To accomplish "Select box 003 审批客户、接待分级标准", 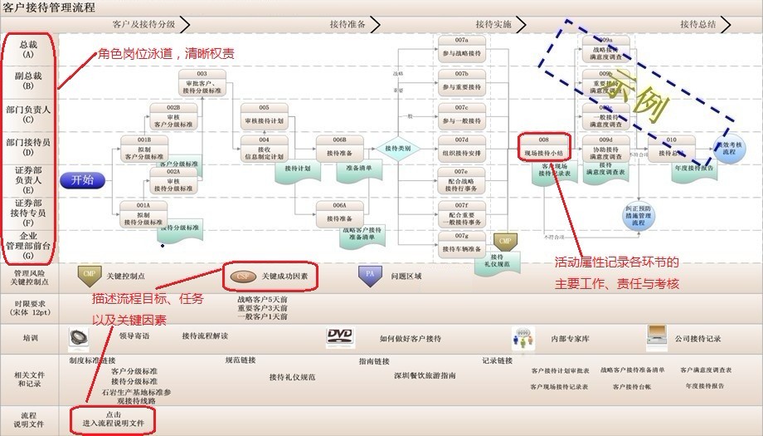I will click(202, 83).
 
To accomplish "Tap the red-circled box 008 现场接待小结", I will click(544, 147).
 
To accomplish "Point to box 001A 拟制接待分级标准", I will click(144, 213).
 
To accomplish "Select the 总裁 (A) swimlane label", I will click(28, 49).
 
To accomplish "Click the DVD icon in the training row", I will click(340, 337).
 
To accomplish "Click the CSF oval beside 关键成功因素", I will click(242, 275).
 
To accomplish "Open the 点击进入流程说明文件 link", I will click(113, 419).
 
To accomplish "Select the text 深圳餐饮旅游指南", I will click(424, 376).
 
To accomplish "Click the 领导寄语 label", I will click(134, 336).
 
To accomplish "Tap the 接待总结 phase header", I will click(697, 24).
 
